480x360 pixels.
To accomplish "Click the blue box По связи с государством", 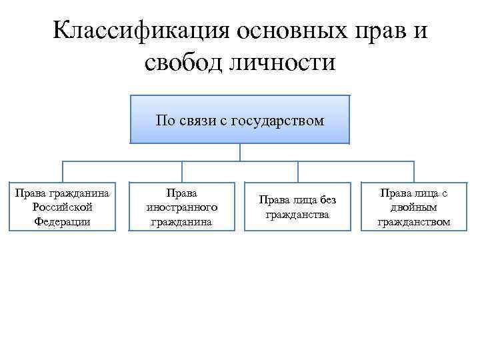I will click(239, 119).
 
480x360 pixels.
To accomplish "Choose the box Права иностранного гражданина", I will click(181, 206).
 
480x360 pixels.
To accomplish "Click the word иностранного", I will click(181, 207).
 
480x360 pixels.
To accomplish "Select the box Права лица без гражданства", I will click(297, 206).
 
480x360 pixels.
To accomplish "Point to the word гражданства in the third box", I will click(297, 215).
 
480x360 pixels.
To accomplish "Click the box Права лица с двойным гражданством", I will click(413, 206).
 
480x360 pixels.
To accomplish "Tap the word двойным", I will click(413, 207).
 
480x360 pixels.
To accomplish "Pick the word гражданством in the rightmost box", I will click(413, 221).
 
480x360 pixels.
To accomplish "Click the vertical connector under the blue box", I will click(240, 152).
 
